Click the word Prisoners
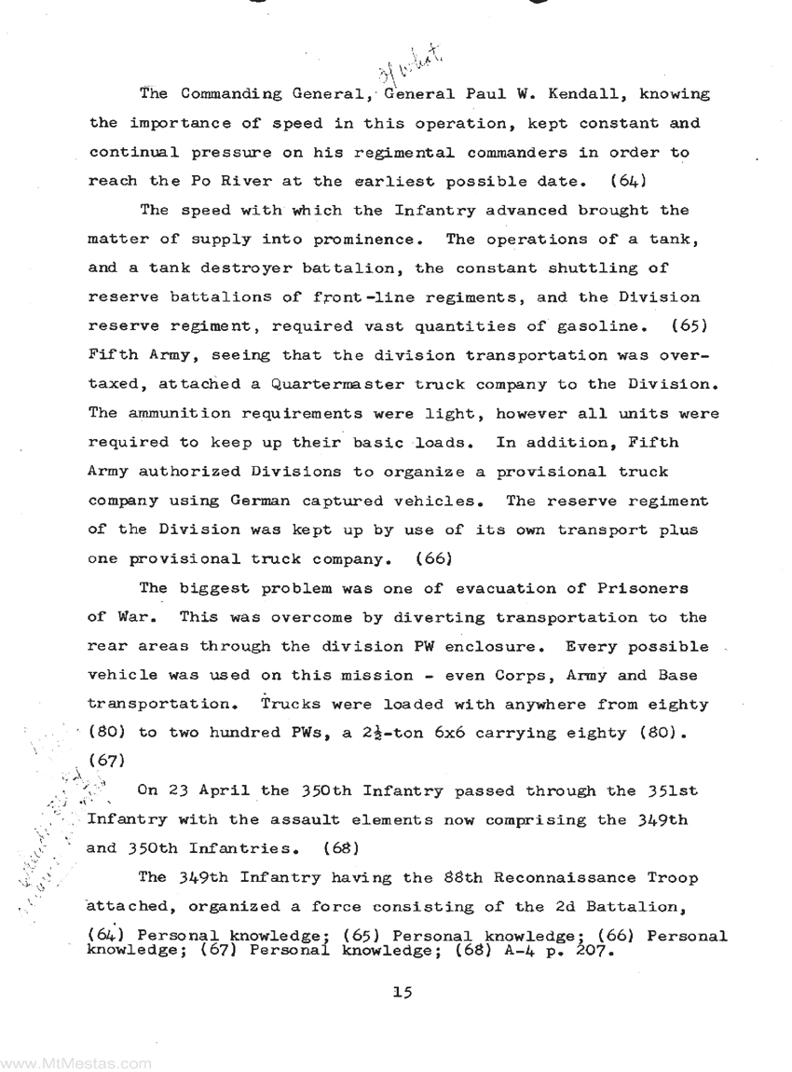click(x=643, y=588)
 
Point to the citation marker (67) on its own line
click(x=102, y=762)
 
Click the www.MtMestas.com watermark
click(x=76, y=1062)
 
